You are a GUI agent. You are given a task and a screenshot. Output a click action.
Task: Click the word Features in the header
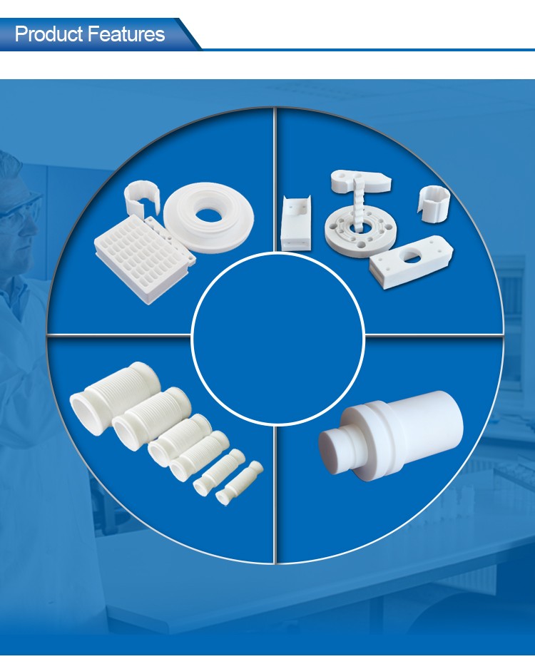pos(126,34)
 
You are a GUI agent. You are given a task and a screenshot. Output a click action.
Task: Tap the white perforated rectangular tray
pos(145,259)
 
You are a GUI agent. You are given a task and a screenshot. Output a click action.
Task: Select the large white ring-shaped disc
pos(208,218)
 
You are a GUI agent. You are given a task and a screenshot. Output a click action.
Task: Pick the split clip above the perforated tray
pos(142,198)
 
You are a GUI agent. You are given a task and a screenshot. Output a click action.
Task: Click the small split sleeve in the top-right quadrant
pos(434,203)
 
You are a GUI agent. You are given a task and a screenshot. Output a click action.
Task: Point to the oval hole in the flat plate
pos(410,257)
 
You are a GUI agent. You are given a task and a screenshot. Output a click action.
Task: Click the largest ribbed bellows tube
pos(115,397)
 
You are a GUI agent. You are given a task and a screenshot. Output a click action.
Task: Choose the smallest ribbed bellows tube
pos(239,483)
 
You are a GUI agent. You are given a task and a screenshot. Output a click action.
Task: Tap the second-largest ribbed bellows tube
pos(151,418)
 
